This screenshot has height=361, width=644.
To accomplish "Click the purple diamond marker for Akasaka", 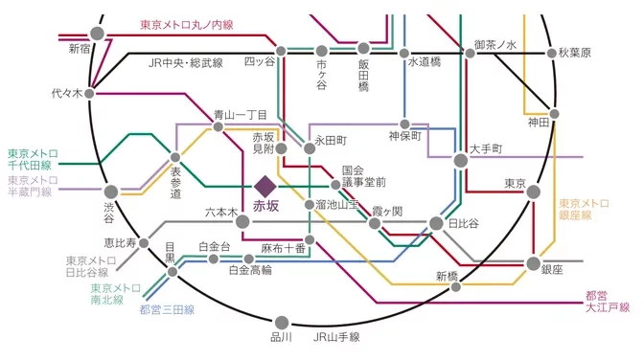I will [265, 184].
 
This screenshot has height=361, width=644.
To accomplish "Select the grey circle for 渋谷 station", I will [111, 192].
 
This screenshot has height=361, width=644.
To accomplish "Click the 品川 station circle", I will [282, 322].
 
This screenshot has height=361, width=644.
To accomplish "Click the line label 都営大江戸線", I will [608, 301].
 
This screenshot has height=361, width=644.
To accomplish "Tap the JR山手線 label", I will [336, 337].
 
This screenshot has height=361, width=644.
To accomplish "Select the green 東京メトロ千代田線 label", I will [34, 159].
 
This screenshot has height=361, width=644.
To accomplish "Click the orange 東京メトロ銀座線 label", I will [584, 209].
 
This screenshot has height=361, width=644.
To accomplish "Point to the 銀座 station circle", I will [534, 263].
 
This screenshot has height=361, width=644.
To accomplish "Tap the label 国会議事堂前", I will [363, 175].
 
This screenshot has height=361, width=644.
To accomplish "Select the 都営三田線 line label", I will [166, 309].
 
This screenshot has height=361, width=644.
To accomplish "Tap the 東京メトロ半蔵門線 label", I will [34, 186].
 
